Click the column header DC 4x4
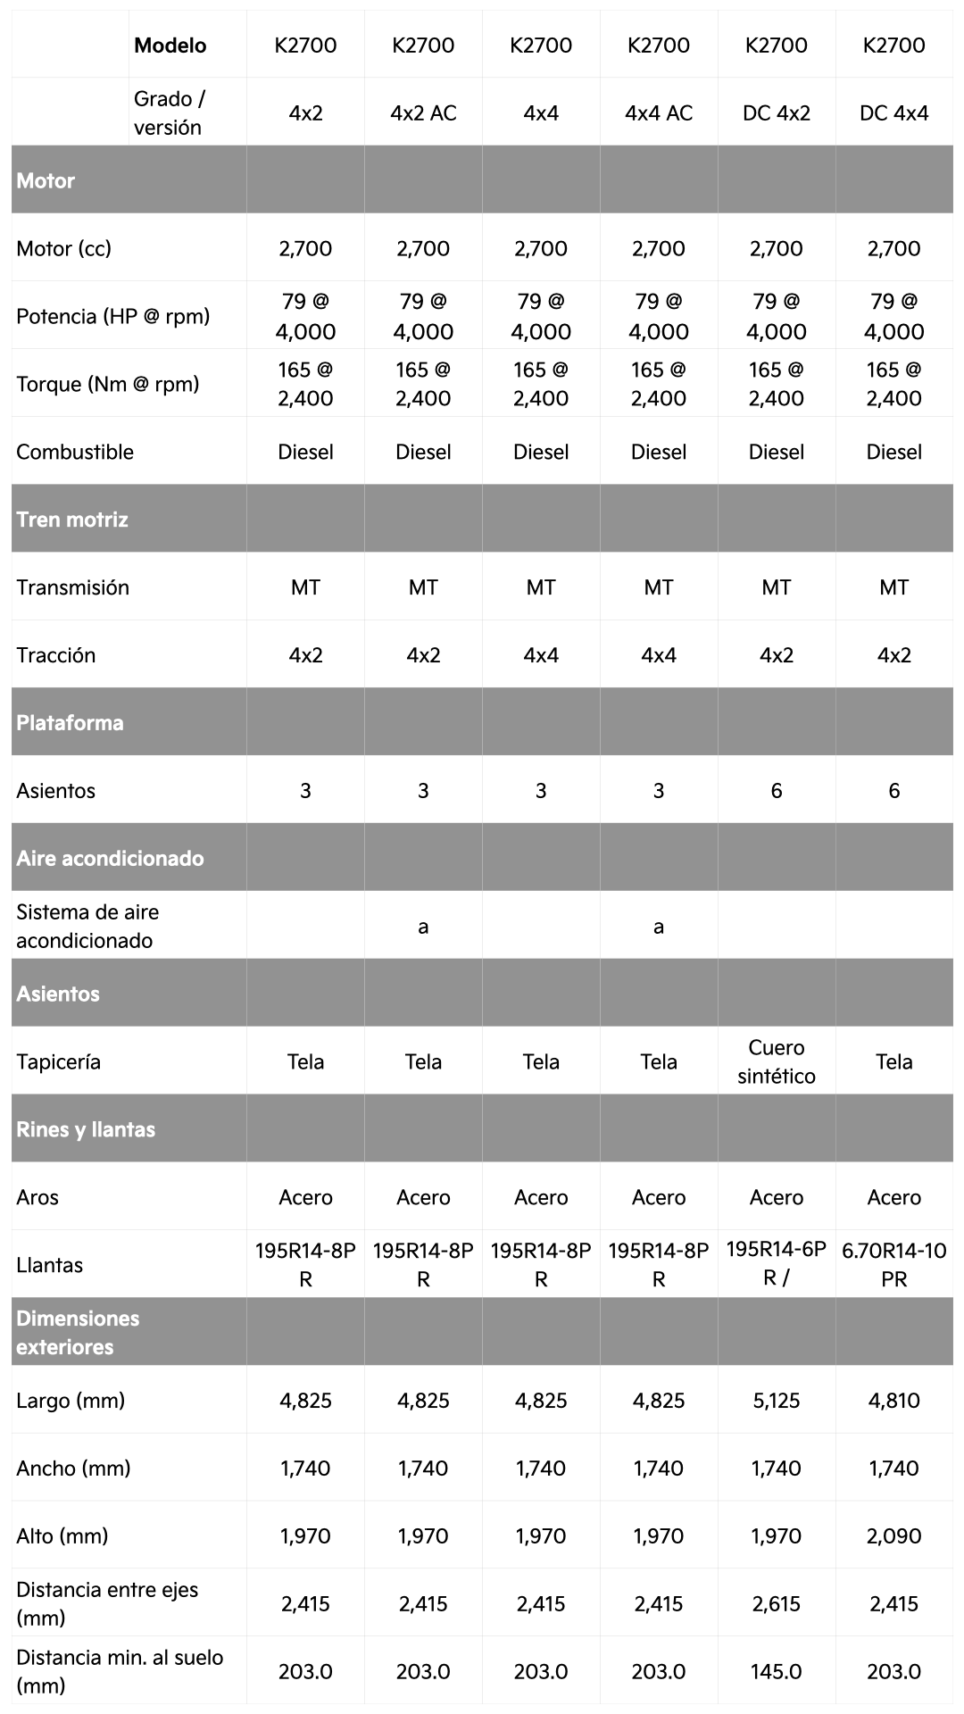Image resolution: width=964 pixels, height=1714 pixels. coord(893,112)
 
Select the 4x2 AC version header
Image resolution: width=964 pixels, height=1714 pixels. coord(423,112)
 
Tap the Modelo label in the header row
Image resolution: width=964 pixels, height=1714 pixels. coord(170,46)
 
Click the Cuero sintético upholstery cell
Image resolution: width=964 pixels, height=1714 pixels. coord(776,1061)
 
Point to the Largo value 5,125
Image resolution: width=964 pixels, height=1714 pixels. coord(776,1400)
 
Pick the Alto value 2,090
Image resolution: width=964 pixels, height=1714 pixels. coord(893,1535)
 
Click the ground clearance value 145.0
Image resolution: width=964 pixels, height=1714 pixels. coord(776,1671)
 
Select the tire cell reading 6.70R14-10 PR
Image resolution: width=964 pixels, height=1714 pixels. coord(893,1264)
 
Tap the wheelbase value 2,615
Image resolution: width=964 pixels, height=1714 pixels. coord(776,1603)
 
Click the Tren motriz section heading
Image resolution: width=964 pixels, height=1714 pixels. coord(72,520)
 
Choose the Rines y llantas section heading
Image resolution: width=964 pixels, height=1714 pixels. coord(86,1129)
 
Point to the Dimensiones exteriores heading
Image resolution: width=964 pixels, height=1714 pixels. coord(78,1332)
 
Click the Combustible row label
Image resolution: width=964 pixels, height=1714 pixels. coord(75,452)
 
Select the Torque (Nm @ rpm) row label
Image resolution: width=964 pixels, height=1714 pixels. coord(107,384)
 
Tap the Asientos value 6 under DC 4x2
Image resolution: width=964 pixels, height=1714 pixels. coord(776,790)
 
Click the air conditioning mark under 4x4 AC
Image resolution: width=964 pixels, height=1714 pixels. coord(659,927)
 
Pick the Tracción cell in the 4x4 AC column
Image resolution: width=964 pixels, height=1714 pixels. coord(659,655)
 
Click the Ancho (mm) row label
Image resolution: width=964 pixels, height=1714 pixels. coord(73,1468)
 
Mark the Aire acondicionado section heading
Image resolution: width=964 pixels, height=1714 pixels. coord(110,858)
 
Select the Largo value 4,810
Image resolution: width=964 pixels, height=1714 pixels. coord(893,1400)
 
